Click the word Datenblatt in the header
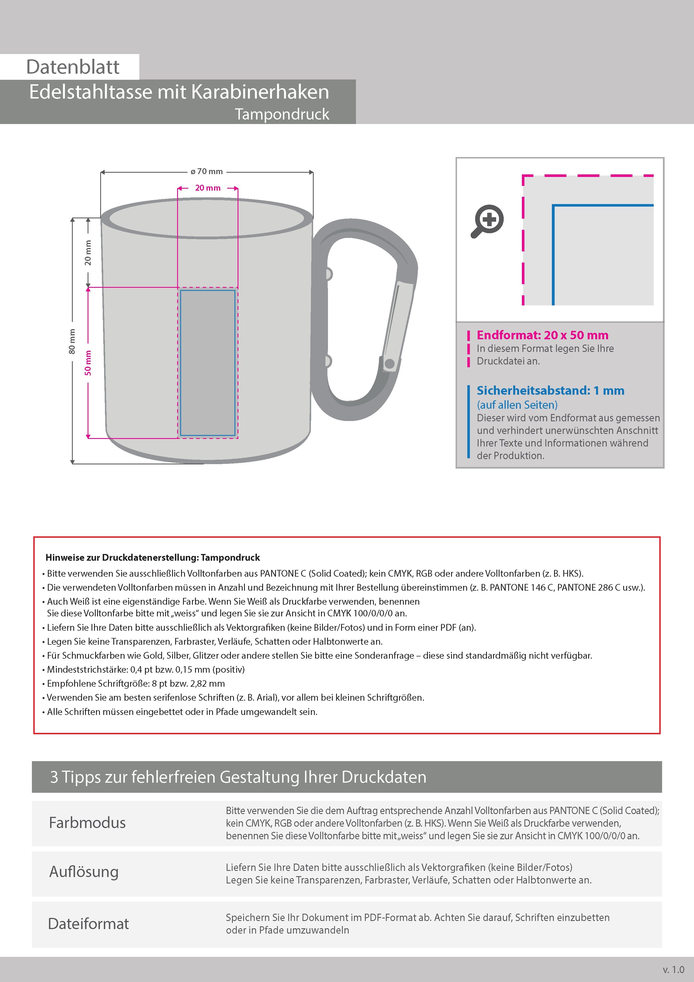tap(73, 67)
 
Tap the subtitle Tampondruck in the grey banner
tap(282, 114)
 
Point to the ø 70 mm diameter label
tap(207, 172)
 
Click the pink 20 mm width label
tap(208, 188)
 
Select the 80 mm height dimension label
tap(72, 341)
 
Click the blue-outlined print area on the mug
tap(208, 363)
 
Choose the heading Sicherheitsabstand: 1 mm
tap(550, 391)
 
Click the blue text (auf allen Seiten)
tap(517, 405)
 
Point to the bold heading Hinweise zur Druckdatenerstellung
tap(153, 558)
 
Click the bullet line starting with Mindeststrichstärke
tap(146, 669)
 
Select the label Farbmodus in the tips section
tap(87, 823)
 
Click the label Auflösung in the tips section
tap(84, 872)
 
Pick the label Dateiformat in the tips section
tap(88, 924)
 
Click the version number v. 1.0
tap(674, 970)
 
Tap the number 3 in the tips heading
tap(54, 777)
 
